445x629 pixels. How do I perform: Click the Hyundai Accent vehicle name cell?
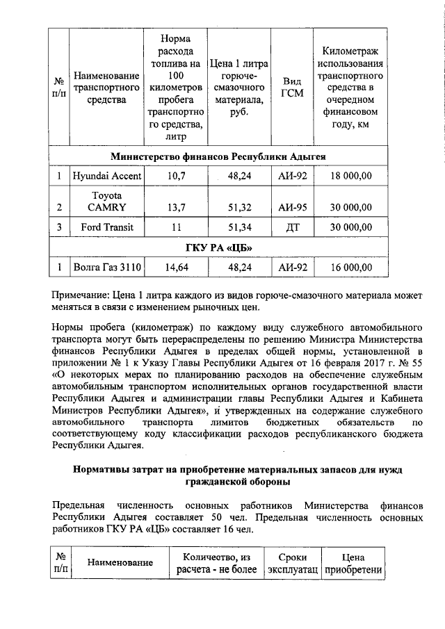point(105,177)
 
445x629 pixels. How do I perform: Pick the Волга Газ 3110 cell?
point(105,266)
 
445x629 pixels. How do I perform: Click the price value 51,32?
point(238,207)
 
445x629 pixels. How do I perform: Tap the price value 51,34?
point(238,227)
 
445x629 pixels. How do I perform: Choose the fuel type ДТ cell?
point(291,227)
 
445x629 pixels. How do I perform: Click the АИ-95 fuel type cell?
point(291,207)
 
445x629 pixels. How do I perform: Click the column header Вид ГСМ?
point(291,86)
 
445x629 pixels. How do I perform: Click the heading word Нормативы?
point(104,471)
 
